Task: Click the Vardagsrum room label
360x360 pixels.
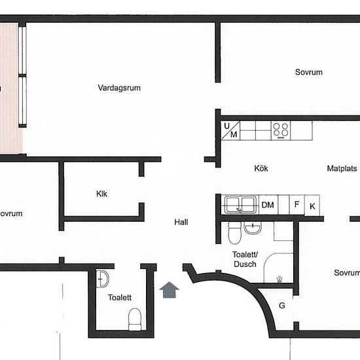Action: point(119,88)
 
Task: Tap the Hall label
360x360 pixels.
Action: point(181,222)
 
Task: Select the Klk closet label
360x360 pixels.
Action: point(101,194)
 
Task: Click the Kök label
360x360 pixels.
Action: point(261,168)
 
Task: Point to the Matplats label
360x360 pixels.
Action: point(342,168)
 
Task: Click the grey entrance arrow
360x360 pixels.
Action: point(170,290)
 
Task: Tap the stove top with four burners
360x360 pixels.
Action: point(281,131)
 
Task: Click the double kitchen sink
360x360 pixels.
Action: point(240,204)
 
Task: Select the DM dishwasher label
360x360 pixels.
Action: point(268,205)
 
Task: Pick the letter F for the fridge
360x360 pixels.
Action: point(297,204)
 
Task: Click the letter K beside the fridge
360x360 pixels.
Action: point(312,206)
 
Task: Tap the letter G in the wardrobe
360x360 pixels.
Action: point(282,306)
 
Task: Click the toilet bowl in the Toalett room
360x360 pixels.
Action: point(135,319)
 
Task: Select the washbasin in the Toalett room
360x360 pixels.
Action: point(102,279)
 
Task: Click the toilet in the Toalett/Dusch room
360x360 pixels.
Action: point(234,232)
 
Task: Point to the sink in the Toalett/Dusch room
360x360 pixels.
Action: point(253,228)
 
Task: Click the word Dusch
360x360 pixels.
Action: point(245,264)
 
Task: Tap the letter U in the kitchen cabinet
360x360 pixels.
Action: point(226,126)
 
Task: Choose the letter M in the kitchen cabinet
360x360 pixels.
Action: point(234,134)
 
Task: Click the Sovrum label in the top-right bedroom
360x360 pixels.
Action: point(308,72)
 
